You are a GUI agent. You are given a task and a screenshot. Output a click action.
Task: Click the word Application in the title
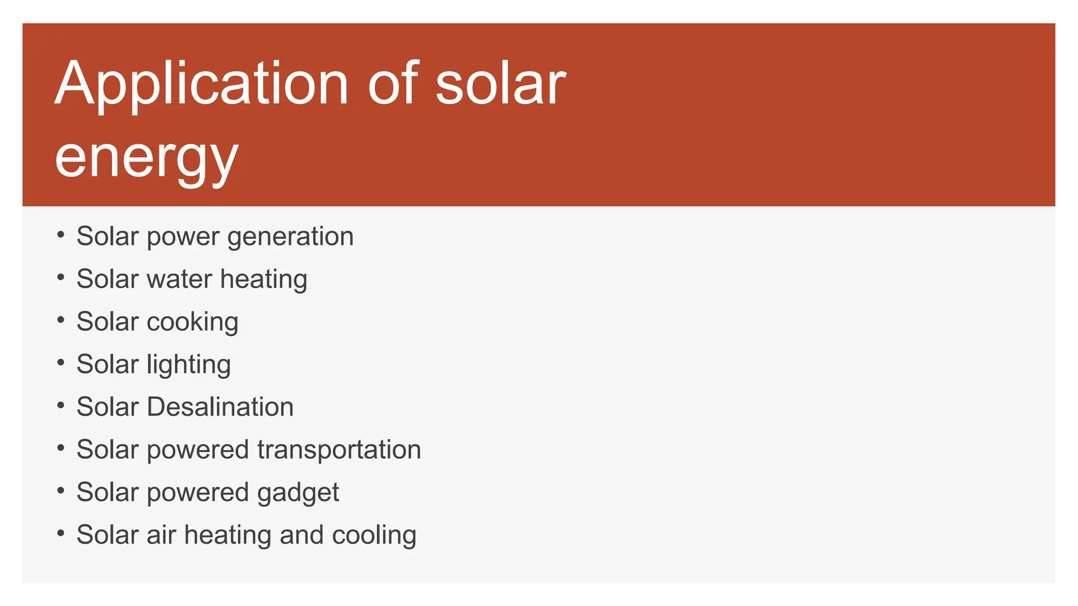click(x=201, y=84)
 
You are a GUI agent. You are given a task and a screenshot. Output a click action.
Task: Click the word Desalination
click(x=220, y=407)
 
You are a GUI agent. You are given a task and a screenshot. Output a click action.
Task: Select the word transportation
click(x=339, y=450)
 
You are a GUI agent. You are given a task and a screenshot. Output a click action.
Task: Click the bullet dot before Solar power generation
click(x=61, y=235)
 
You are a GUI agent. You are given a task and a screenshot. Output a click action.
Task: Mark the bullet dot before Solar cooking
click(x=61, y=320)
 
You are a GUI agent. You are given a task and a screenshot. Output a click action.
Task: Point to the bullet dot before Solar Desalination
click(x=61, y=405)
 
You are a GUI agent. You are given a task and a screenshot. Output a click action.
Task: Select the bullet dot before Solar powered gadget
click(x=61, y=490)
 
